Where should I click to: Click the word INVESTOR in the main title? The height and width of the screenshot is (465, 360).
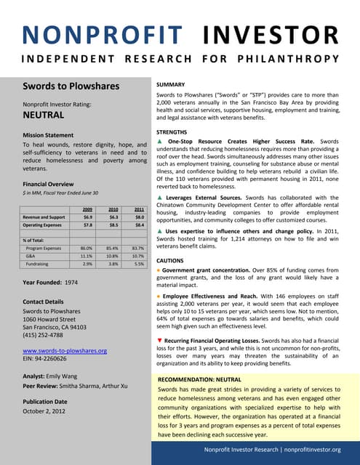pyautogui.click(x=269, y=34)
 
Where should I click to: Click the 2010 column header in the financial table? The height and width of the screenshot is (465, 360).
pyautogui.click(x=113, y=209)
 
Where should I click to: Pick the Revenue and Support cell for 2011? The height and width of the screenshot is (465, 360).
pyautogui.click(x=139, y=217)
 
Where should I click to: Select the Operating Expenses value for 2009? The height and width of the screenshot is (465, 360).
pyautogui.click(x=87, y=225)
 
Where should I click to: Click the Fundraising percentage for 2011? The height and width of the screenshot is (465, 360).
pyautogui.click(x=139, y=264)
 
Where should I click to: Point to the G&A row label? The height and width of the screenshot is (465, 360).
pyautogui.click(x=31, y=256)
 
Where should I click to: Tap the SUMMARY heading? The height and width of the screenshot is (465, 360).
pyautogui.click(x=175, y=85)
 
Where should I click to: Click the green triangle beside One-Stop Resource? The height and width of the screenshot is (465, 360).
pyautogui.click(x=160, y=141)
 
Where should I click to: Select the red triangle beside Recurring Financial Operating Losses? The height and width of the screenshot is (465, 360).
pyautogui.click(x=160, y=340)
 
